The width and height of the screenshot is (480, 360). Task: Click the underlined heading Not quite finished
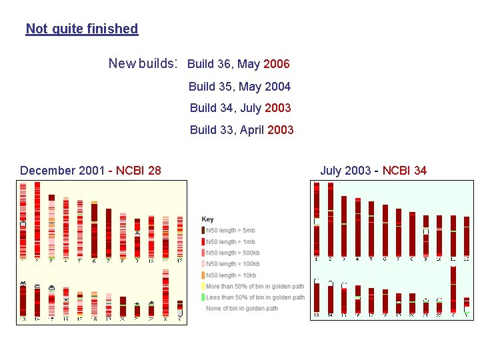81,29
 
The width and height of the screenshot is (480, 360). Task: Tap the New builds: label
143,63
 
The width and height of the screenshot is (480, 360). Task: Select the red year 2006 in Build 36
277,64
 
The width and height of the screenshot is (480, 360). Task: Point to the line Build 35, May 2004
239,86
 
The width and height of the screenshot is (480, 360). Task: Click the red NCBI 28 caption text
138,170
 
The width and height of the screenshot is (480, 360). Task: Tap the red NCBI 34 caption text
404,170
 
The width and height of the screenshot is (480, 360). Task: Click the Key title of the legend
208,219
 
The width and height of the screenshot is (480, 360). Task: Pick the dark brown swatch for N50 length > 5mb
203,231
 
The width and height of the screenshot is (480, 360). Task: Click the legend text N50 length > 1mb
230,242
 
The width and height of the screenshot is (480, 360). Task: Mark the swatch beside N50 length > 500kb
203,253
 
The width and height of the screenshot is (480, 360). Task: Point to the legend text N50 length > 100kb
233,264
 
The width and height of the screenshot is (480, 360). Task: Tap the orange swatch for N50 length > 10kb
203,275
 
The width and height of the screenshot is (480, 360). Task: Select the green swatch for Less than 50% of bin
203,297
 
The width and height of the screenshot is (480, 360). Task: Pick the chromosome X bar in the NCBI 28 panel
166,294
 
